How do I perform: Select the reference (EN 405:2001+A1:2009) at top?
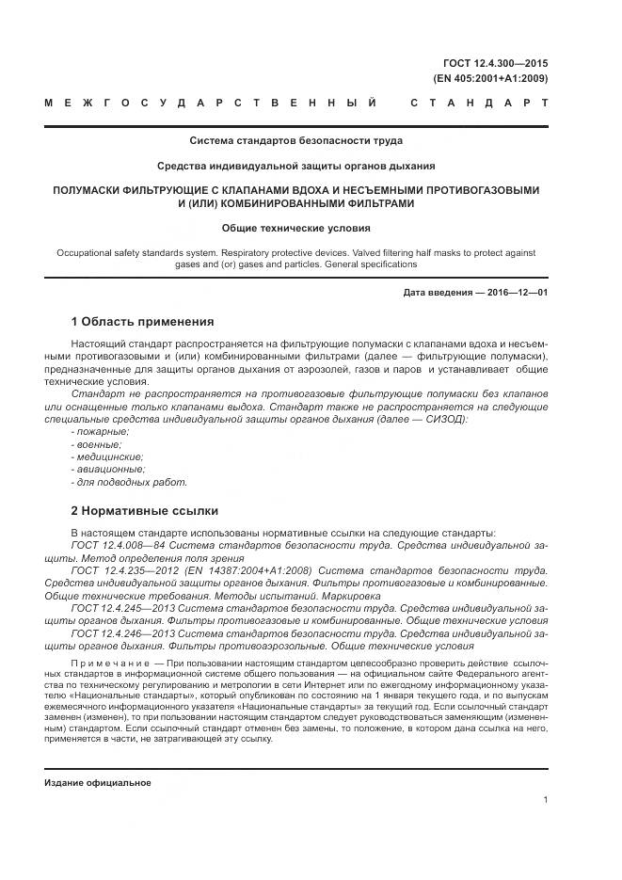pyautogui.click(x=489, y=78)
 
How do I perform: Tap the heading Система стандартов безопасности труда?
pyautogui.click(x=295, y=141)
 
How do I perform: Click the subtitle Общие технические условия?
pyautogui.click(x=295, y=228)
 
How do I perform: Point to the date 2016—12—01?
pyautogui.click(x=515, y=293)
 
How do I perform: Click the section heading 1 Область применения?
pyautogui.click(x=143, y=322)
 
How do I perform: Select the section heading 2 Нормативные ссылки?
pyautogui.click(x=145, y=511)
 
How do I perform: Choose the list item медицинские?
pyautogui.click(x=106, y=456)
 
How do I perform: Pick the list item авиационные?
pyautogui.click(x=107, y=469)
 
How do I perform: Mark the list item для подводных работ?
pyautogui.click(x=129, y=482)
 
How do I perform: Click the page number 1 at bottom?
pyautogui.click(x=545, y=800)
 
